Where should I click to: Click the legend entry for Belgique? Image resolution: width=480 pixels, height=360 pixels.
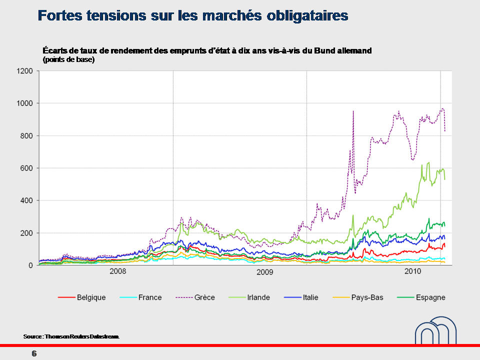(x=91, y=297)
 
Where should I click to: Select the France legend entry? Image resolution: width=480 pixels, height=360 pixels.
(x=150, y=297)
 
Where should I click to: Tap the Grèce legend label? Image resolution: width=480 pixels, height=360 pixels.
(x=204, y=297)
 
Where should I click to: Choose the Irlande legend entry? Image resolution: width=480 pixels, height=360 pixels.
(x=259, y=297)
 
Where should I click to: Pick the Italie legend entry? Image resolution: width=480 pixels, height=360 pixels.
(x=310, y=297)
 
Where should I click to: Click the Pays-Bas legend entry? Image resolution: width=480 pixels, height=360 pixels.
(x=367, y=297)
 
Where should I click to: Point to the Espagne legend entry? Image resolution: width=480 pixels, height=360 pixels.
(x=428, y=297)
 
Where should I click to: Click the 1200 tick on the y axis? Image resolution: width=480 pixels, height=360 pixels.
(x=24, y=71)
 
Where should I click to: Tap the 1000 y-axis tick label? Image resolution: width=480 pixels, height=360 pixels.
(x=24, y=103)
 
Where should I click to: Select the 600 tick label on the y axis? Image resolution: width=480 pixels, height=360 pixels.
(x=26, y=168)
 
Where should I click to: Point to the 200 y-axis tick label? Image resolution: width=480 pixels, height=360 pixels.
(x=26, y=233)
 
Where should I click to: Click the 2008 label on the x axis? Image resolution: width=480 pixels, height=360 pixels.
(x=117, y=271)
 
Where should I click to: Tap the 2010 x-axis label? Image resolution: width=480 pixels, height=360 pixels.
(x=412, y=271)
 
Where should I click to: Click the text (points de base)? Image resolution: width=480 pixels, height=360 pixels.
(x=69, y=59)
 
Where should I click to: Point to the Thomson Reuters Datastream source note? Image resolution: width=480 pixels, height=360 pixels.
(x=71, y=337)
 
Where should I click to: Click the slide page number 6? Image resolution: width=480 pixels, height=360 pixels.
(x=34, y=354)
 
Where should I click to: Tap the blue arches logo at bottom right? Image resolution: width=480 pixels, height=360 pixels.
(x=435, y=329)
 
